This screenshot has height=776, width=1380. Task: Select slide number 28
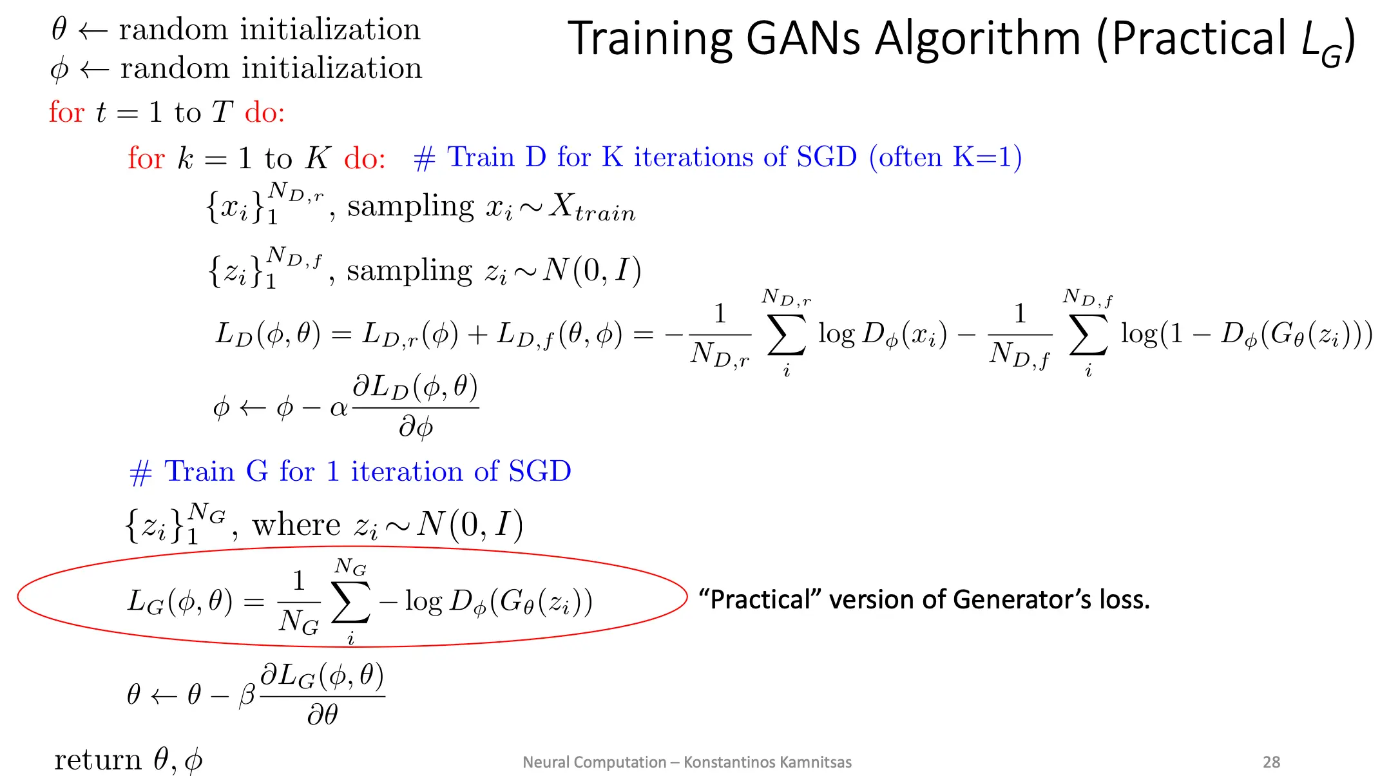coord(1271,762)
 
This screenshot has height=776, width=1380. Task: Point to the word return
coord(97,761)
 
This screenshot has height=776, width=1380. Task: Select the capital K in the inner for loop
coord(318,158)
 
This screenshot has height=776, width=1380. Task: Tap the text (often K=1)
coord(945,157)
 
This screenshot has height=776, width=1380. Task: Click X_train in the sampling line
coord(592,208)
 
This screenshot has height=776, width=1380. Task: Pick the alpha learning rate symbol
coord(338,409)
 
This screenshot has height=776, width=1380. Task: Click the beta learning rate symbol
coord(247,696)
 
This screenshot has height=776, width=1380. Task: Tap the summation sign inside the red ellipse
coord(350,602)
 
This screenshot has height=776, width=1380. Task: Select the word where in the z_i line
coord(296,525)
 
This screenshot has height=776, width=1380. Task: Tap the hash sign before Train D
coord(425,159)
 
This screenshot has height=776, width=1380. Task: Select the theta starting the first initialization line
coord(59,29)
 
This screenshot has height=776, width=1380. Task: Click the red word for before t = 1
coord(66,112)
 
